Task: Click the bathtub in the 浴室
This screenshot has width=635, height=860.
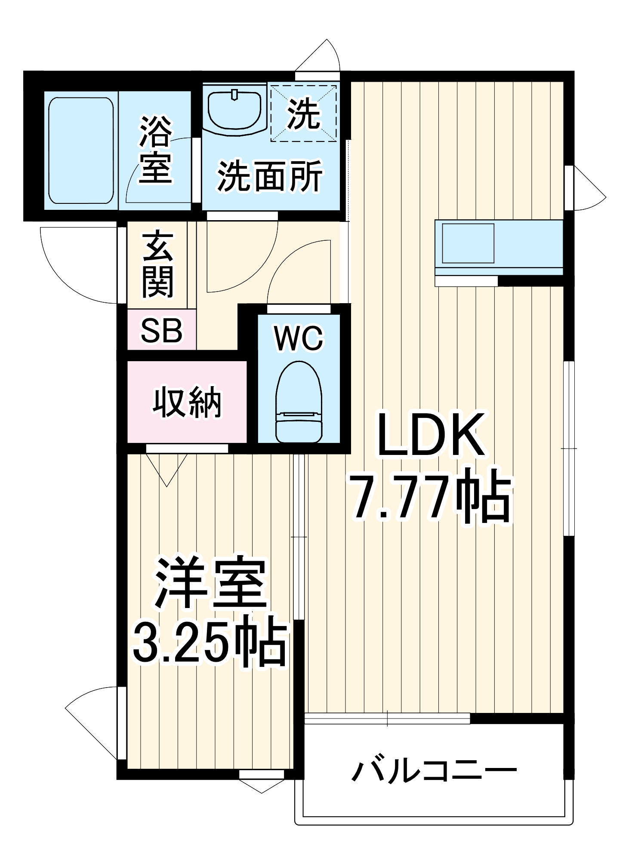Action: [x=81, y=150]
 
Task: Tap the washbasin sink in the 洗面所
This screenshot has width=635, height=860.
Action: [x=234, y=110]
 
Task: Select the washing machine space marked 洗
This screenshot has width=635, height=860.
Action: [x=304, y=113]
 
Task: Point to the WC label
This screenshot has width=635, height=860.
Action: [x=299, y=339]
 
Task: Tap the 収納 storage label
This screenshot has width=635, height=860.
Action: [x=187, y=402]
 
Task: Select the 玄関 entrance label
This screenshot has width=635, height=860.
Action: [x=158, y=264]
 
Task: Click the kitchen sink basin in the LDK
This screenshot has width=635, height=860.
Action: [x=468, y=243]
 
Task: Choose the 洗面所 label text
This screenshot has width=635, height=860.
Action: [x=270, y=176]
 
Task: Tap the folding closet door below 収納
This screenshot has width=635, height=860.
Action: [x=167, y=469]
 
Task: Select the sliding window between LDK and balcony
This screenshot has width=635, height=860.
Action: [x=387, y=719]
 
